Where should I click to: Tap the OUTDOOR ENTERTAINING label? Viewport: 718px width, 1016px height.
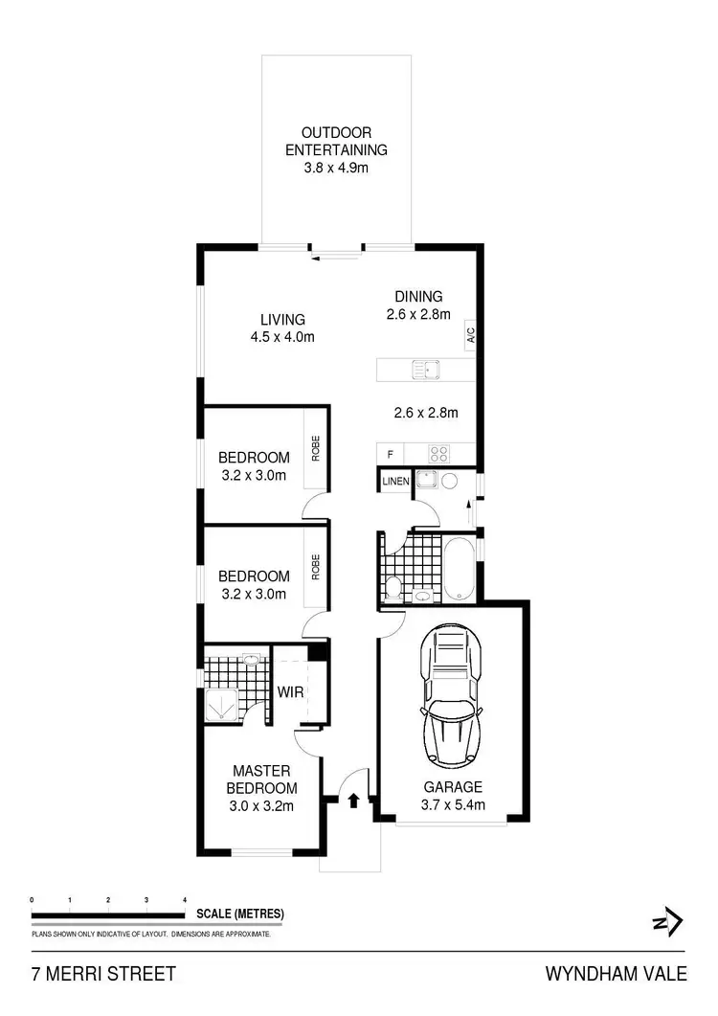point(336,141)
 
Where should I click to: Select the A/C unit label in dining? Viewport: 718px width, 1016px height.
point(470,336)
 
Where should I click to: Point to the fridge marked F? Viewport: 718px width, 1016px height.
point(390,453)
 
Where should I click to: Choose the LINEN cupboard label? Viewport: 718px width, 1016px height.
point(394,481)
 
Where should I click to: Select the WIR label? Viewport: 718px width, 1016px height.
point(290,691)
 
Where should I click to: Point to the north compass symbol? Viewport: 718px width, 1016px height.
point(667,922)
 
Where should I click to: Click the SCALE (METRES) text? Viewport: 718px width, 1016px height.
point(239,914)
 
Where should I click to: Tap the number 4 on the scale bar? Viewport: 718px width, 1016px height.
point(184,900)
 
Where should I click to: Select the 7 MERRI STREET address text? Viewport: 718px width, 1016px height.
point(103,975)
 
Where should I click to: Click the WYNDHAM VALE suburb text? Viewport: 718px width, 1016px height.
point(616,975)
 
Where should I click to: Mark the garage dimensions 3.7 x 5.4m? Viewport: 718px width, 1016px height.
point(454,804)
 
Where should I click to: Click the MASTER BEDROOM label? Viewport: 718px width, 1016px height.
point(261,779)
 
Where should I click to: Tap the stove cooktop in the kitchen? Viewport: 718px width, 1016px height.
point(438,453)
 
